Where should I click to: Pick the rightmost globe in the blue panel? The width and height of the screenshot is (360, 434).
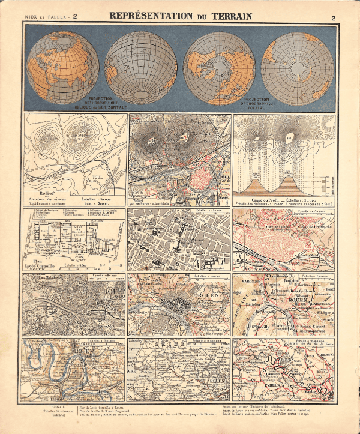point(298,68)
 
